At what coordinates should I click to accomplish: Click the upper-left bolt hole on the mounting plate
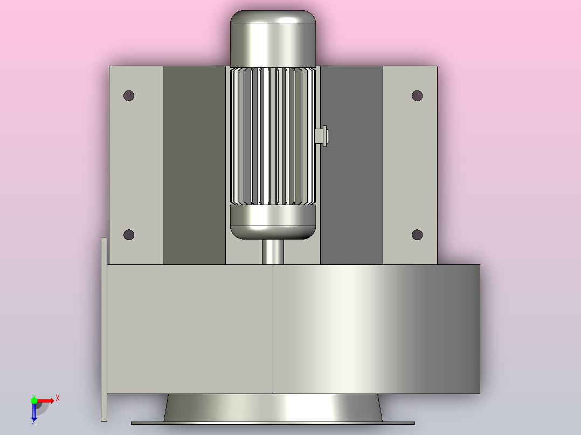click(129, 95)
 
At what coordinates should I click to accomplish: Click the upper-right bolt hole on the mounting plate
click(417, 95)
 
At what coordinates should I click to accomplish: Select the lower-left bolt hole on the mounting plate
click(129, 235)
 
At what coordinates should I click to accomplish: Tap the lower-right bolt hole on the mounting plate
click(417, 235)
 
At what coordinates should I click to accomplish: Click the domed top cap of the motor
click(273, 39)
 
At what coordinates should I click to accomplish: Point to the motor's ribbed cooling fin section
click(273, 136)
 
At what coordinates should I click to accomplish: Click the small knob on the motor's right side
click(322, 136)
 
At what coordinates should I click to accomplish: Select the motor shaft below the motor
click(273, 252)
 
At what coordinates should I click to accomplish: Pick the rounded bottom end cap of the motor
click(273, 222)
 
